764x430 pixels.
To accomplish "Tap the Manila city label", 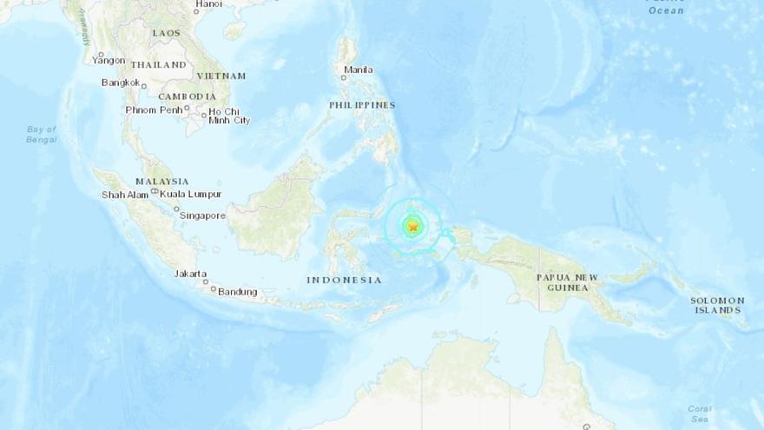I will (359, 70).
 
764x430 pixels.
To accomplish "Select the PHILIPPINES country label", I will (362, 105).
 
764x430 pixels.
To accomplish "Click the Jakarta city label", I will (191, 274).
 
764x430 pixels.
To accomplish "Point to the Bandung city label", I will (237, 292).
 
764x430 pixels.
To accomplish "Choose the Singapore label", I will (204, 215).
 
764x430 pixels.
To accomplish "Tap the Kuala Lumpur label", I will (191, 195).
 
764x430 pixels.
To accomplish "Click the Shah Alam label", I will (125, 195).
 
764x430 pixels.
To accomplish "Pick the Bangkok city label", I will (121, 83).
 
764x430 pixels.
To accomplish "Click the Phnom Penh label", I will (153, 110).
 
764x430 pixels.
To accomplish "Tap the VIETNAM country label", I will (221, 76).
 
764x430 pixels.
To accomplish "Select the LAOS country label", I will (166, 33).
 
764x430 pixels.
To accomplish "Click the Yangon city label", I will (109, 61).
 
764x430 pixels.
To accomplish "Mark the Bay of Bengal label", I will (41, 135).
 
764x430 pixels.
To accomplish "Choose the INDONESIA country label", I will (344, 280).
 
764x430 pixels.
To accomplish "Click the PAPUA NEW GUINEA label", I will (568, 282).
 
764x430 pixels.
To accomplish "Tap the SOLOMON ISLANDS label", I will (717, 305).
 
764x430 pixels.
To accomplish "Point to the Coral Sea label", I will (700, 413).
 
